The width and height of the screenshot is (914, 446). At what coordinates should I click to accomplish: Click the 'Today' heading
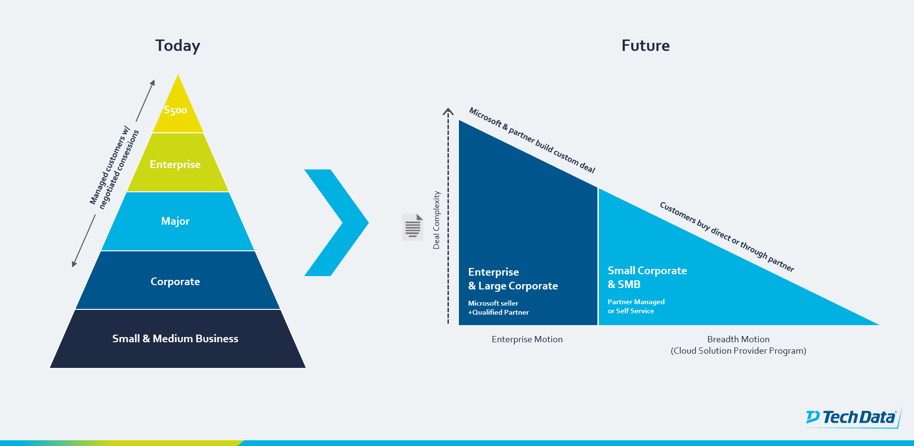click(178, 46)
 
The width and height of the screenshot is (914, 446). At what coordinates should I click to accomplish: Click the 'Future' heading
click(646, 46)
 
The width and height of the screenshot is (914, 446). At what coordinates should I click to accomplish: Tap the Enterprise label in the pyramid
click(175, 165)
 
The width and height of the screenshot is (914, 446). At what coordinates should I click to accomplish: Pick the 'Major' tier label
click(175, 221)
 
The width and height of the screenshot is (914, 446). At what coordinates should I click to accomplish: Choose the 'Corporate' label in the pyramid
click(175, 282)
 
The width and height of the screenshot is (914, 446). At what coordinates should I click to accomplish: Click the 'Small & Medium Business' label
click(175, 338)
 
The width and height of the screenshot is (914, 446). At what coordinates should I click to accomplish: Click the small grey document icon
click(413, 227)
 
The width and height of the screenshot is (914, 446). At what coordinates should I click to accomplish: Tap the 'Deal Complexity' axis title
click(437, 220)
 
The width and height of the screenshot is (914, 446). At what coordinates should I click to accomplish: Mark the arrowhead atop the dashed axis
click(448, 112)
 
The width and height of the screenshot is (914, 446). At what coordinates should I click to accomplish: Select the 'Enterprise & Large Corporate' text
click(513, 279)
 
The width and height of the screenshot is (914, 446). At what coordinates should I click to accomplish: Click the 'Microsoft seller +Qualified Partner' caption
click(498, 307)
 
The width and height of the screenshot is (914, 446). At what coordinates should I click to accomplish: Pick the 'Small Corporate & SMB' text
click(647, 278)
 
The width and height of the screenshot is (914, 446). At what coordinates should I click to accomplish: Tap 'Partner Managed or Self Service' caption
click(636, 306)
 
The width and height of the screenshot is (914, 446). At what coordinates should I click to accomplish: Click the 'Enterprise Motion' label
click(527, 339)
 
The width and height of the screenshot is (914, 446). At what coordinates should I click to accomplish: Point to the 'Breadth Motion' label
click(738, 339)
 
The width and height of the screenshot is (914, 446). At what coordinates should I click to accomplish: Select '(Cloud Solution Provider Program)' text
click(738, 351)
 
